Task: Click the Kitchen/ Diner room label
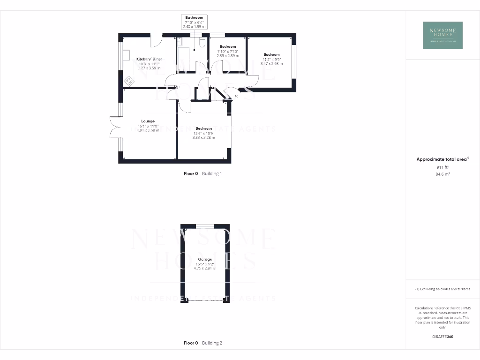point(148,59)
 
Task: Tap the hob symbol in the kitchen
point(128,81)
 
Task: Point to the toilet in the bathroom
point(201,43)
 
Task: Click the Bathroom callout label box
point(194,22)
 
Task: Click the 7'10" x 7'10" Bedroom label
point(228,46)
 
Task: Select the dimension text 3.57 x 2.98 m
point(271,64)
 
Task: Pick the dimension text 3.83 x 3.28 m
point(203,137)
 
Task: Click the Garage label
point(205,259)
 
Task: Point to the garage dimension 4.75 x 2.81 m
point(205,268)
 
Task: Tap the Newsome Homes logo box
point(442,35)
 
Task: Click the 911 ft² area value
point(442,167)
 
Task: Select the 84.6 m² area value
point(442,174)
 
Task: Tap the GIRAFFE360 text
point(443,337)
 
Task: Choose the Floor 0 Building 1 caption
point(202,173)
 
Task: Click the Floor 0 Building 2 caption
point(202,343)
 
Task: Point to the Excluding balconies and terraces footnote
point(442,289)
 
